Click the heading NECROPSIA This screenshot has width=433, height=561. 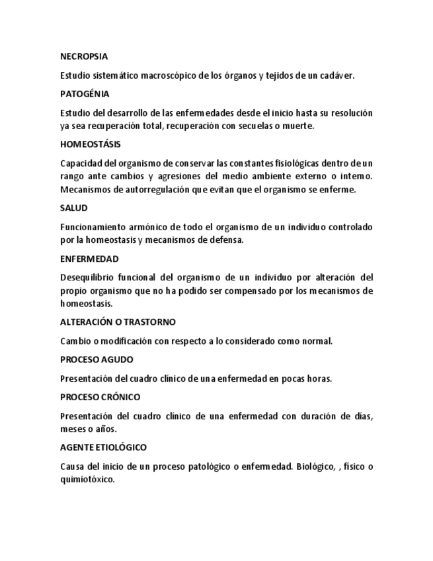point(84,57)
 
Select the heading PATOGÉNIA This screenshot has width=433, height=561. point(85,94)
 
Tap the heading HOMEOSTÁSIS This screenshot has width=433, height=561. point(90,144)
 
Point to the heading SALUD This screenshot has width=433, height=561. point(73,208)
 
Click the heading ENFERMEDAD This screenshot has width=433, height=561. point(89,259)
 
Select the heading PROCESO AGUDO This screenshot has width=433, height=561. point(97,360)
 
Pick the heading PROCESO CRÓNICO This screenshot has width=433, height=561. point(99,398)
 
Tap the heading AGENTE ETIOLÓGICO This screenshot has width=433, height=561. point(103,448)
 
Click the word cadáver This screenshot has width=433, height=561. point(337,75)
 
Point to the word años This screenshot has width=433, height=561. point(106,429)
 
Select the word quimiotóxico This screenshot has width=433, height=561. point(87,480)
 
